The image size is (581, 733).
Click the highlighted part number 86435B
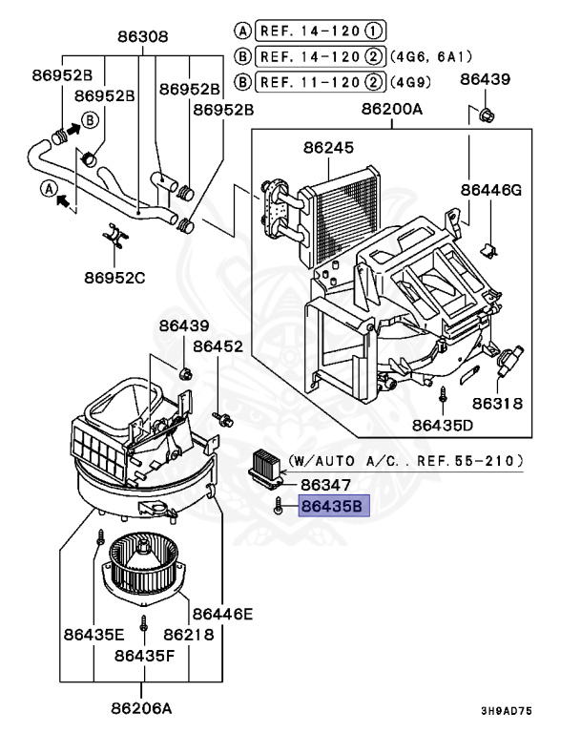point(331,507)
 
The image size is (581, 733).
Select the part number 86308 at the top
point(142,38)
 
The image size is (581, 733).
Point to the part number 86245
point(329,148)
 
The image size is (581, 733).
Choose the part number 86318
point(496,403)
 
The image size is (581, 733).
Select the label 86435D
point(443,424)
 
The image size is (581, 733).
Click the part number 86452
point(218,346)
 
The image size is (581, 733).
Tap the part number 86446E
point(222,613)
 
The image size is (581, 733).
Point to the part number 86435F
point(146,655)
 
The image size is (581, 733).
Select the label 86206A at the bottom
point(142,707)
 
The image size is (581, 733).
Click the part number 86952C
point(114,279)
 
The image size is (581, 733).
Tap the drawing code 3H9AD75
point(507,711)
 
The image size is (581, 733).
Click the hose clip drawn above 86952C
point(114,235)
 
